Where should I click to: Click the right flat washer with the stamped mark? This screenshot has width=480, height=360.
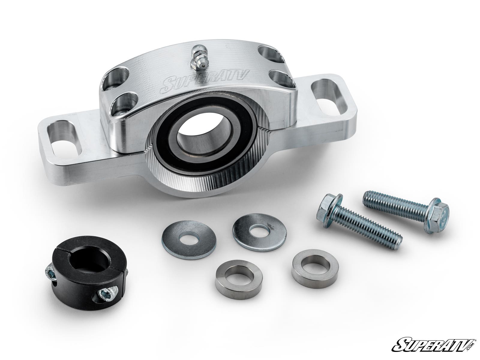(x=259, y=232)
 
